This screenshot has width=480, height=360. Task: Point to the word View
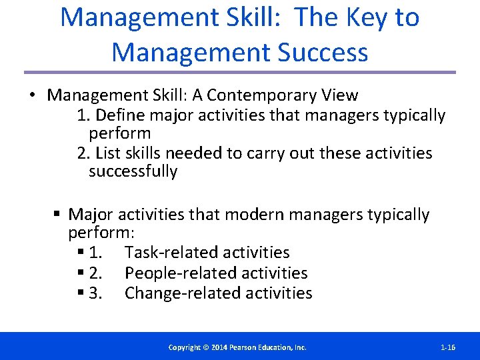[339, 95]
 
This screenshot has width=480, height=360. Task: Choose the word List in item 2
[107, 153]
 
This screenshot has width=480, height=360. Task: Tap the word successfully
[133, 171]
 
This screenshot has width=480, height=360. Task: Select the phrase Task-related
[174, 253]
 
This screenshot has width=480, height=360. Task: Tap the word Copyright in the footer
[185, 347]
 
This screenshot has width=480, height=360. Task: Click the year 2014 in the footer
[221, 347]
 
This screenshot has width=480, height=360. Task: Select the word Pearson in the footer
[246, 347]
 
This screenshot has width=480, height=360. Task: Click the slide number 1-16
[448, 347]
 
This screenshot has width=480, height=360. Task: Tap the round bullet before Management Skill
[31, 96]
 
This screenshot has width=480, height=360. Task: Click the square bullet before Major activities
[58, 215]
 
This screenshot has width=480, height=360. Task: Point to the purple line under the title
[240, 72]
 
